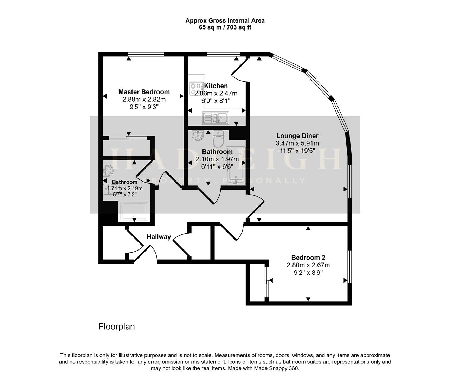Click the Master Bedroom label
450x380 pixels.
[144, 92]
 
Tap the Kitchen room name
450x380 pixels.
[216, 86]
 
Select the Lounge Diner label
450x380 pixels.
[297, 136]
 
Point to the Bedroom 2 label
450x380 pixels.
[308, 258]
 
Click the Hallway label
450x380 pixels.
[159, 237]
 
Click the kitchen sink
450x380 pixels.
[216, 118]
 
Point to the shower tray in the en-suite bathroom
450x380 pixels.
[134, 211]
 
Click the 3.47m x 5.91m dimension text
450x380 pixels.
[297, 143]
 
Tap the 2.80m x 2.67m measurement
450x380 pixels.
[308, 265]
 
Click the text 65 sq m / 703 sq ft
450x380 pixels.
[225, 27]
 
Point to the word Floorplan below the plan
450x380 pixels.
[116, 327]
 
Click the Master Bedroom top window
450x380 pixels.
[146, 54]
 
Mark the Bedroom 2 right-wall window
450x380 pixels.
[349, 266]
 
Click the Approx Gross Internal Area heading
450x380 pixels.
[225, 20]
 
